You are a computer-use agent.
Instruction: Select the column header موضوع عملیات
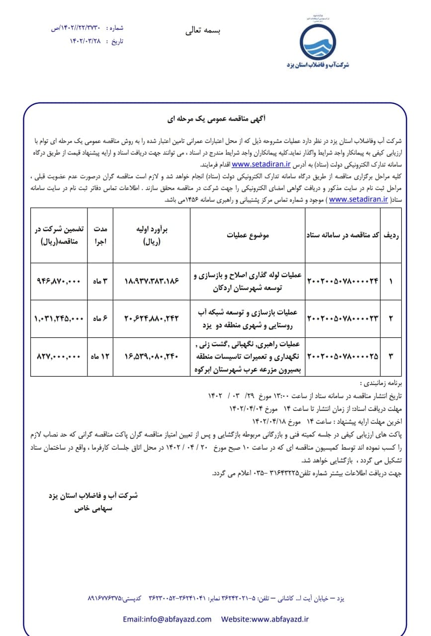tap(248, 235)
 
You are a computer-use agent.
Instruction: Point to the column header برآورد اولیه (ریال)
tap(152, 235)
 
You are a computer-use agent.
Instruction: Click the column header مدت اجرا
tap(101, 235)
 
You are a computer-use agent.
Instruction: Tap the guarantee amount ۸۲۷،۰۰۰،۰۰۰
tap(59, 356)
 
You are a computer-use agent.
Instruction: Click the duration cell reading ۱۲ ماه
tap(100, 356)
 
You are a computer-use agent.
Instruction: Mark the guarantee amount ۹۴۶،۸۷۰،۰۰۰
tap(59, 281)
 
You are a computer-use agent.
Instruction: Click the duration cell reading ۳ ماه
tap(101, 281)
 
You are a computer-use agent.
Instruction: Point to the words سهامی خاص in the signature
tap(93, 509)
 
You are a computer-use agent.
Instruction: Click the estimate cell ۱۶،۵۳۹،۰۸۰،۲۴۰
tap(152, 356)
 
